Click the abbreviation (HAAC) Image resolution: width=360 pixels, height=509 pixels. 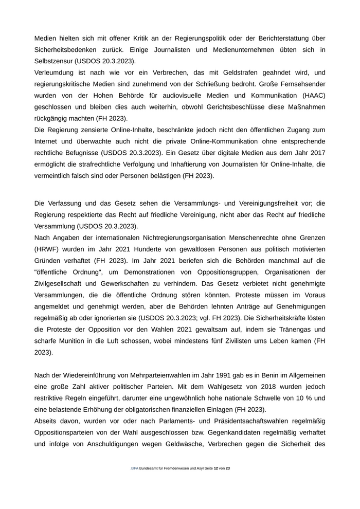click(312, 95)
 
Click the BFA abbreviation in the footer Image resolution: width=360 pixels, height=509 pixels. click(135, 468)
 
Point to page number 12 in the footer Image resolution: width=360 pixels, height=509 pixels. click(215, 468)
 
